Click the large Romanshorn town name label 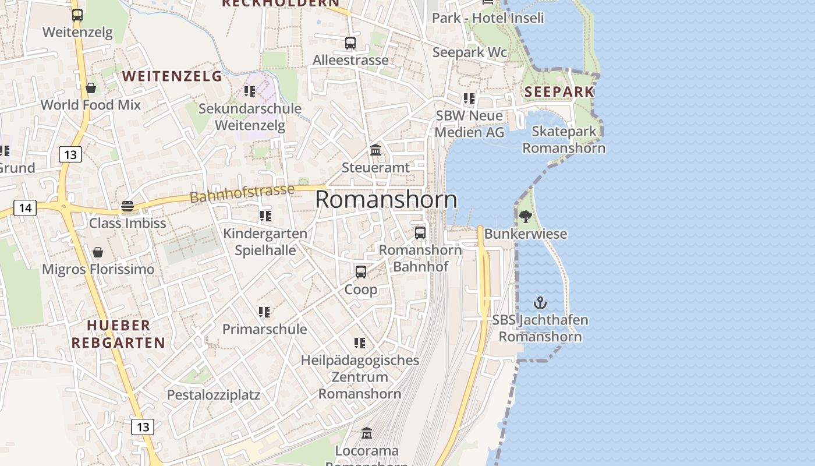point(386,200)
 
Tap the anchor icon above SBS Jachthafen point(540,303)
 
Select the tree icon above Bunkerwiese point(526,217)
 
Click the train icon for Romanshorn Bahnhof point(420,233)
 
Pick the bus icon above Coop point(361,272)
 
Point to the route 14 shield point(25,207)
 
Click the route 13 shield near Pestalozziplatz point(143,427)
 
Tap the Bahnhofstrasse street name point(242,193)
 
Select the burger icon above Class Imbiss point(127,206)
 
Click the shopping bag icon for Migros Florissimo point(98,252)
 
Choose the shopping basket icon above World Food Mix point(91,88)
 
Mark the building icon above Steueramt point(375,150)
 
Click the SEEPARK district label point(559,91)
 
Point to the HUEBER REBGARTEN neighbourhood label point(118,334)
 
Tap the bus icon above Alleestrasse point(350,43)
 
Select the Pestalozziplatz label point(214,395)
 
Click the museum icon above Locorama point(367,433)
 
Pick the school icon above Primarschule point(264,312)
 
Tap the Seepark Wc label point(469,52)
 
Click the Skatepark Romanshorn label point(564,139)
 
